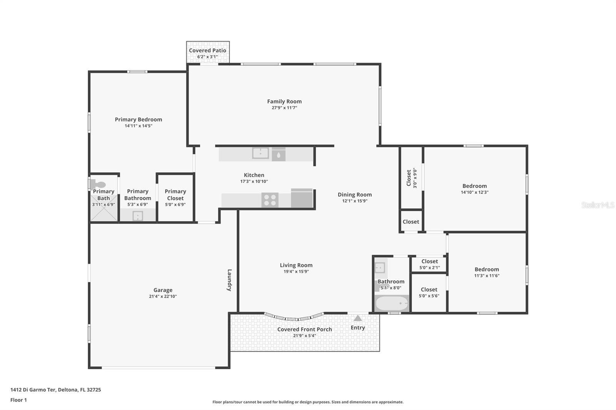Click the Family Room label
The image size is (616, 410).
pos(284,102)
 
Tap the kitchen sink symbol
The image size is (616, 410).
pos(261,153)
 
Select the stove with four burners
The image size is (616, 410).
pos(270,200)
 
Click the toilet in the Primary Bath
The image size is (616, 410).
pos(99,185)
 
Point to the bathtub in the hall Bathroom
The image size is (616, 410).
pos(392,303)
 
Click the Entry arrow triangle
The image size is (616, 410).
pos(358,318)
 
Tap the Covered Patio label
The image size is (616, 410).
pos(208,50)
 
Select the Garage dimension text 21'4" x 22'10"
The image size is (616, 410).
pos(162,297)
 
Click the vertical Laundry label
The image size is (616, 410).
pos(229,280)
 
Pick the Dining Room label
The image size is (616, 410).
pos(355,195)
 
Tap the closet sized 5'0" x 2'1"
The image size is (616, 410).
pos(429,264)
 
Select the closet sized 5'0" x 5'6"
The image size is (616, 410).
pos(429,292)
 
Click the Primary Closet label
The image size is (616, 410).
pos(175,195)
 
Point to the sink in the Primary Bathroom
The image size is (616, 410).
pos(138,216)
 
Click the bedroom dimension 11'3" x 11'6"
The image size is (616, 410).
pos(487,276)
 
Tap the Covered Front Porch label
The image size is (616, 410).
pos(305,330)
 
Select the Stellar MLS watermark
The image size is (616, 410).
pos(598,205)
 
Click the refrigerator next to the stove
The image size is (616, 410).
pos(302,198)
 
